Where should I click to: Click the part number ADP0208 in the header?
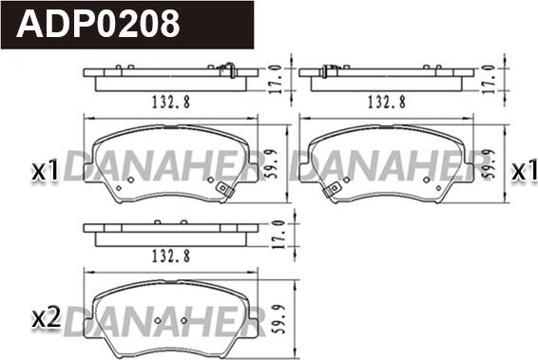(98, 24)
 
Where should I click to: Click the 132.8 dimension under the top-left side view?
(171, 102)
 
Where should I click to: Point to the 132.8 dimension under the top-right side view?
(387, 102)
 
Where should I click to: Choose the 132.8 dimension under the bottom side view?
(171, 256)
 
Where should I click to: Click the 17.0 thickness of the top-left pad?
(277, 79)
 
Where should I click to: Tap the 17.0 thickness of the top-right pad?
(492, 79)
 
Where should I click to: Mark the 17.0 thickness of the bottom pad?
(279, 235)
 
